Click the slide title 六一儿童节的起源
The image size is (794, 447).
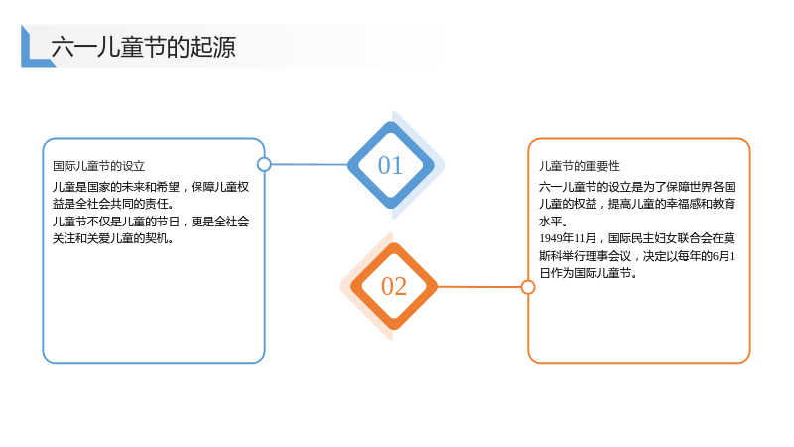[x=143, y=47]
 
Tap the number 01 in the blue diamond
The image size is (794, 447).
[x=390, y=165]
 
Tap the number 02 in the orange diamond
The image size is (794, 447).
[x=394, y=286]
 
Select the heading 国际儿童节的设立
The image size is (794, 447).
[x=98, y=166]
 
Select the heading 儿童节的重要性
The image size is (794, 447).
[x=580, y=166]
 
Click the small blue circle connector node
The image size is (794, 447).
[x=264, y=164]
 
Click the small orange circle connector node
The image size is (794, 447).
[x=528, y=287]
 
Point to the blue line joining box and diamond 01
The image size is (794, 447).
[x=310, y=164]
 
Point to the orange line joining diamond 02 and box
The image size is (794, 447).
[x=479, y=287]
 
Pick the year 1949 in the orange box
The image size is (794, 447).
[x=550, y=238]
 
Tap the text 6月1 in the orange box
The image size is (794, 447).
[x=724, y=256]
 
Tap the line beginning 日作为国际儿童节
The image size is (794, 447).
[x=588, y=273]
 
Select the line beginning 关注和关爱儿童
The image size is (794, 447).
[x=113, y=238]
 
